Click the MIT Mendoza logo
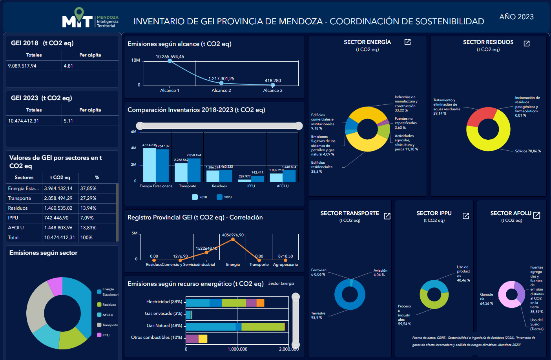coord(90,18)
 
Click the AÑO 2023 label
coord(516,17)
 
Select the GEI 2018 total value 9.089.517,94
coord(22,66)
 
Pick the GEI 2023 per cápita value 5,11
coord(68,121)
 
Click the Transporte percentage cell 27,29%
coord(88,198)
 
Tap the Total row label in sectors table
coord(13,238)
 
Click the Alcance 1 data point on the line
coord(170,61)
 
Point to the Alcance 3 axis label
coord(273,90)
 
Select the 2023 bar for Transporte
coord(194,170)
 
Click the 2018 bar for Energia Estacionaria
coord(149,165)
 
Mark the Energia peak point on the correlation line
coord(233,239)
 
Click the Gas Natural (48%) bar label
coord(164,325)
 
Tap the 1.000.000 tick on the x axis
coord(237,349)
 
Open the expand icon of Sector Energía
coord(407,42)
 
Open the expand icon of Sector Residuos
coord(527,44)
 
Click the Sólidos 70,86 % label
coord(528,151)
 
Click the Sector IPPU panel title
coord(434,213)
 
